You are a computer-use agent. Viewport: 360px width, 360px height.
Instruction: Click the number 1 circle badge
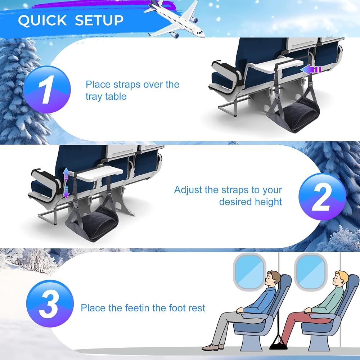coord(47,89)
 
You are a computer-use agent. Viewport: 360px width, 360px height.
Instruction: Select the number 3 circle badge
coord(50,303)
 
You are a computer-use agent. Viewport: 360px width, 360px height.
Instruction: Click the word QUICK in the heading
coord(42,20)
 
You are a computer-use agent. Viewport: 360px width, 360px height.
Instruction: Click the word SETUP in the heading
coord(99,20)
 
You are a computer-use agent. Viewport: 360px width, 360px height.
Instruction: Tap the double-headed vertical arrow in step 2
coord(66,183)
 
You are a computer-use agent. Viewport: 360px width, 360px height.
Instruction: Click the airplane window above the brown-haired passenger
coord(249,272)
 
